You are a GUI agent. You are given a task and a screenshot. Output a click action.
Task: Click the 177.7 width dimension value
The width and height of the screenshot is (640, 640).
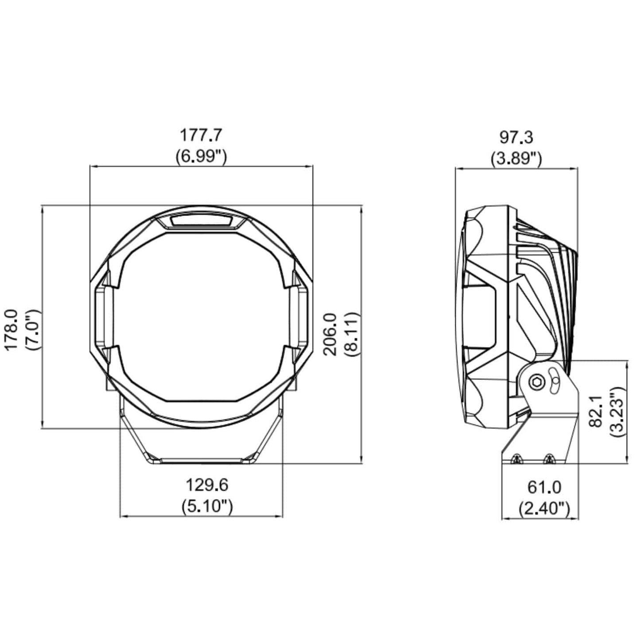[x=201, y=136]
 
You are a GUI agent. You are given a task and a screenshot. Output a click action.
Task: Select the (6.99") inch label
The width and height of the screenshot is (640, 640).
[x=201, y=156]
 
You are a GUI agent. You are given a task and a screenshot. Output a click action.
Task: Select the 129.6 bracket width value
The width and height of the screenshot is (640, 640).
[x=207, y=485]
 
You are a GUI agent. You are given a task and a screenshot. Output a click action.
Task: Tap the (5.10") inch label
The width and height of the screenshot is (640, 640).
[x=207, y=507]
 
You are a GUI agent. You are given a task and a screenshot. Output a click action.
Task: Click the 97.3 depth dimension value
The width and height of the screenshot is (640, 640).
[x=516, y=138]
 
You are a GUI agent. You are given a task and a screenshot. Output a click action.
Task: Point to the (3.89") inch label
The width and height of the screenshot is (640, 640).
[x=516, y=159]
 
